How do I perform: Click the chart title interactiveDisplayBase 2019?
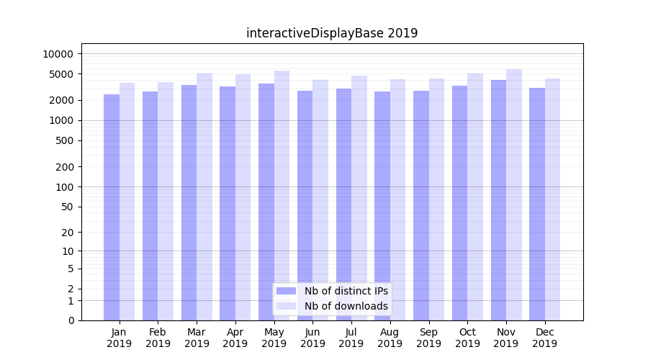[332, 33]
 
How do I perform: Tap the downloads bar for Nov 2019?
[514, 194]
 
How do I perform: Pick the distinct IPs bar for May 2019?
[266, 202]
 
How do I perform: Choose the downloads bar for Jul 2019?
[359, 198]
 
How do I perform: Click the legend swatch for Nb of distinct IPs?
[286, 291]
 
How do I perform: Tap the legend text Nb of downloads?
[346, 306]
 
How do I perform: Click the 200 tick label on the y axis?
[66, 167]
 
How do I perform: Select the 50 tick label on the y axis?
[68, 207]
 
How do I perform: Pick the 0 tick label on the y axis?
[71, 320]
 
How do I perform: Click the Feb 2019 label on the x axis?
[158, 338]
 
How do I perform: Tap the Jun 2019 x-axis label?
[312, 338]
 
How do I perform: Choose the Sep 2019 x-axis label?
[428, 338]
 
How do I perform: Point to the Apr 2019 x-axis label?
[235, 338]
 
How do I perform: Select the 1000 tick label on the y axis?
[62, 121]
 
